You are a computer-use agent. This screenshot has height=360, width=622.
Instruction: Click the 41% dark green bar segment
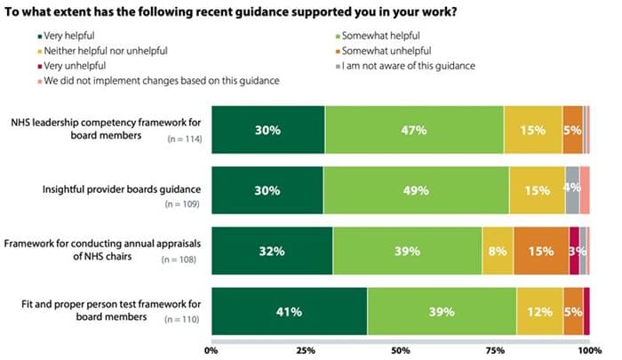click(288, 312)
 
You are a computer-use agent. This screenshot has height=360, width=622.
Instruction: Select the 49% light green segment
click(416, 190)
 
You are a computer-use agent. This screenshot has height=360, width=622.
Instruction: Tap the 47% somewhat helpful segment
click(414, 130)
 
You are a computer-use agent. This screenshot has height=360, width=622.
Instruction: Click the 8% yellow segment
click(498, 252)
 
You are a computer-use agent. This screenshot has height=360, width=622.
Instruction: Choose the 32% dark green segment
click(271, 252)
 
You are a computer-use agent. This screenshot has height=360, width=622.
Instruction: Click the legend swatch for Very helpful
click(40, 36)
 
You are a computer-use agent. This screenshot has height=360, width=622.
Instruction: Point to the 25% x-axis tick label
click(306, 350)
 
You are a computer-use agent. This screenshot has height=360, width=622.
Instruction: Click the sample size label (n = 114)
click(181, 140)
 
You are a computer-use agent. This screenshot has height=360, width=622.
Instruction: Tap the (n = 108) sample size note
click(181, 260)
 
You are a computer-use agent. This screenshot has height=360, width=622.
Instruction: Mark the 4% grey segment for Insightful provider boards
click(572, 190)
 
